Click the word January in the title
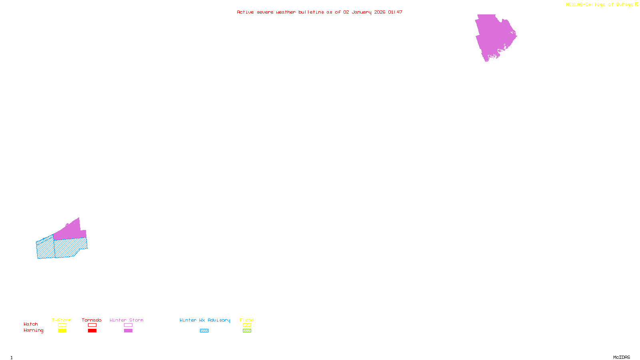[x=361, y=12]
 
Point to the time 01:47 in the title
[x=395, y=12]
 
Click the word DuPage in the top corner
[x=624, y=5]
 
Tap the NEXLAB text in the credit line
[x=574, y=5]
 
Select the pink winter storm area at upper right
[x=494, y=36]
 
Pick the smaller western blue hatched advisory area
[x=45, y=248]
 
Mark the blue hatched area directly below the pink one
[x=70, y=247]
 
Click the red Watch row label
[x=31, y=324]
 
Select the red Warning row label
[x=34, y=330]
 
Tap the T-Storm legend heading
[x=62, y=320]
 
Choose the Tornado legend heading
[x=92, y=320]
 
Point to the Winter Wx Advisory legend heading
[x=205, y=320]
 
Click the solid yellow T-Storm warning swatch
[x=62, y=331]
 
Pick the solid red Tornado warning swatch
[x=92, y=331]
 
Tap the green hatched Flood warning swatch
[x=247, y=331]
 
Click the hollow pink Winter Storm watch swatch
[x=128, y=325]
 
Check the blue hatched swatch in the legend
[x=204, y=331]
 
